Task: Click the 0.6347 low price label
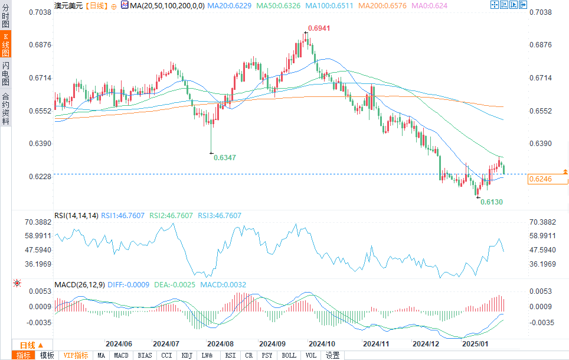pyautogui.click(x=225, y=158)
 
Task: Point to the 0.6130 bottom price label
pyautogui.click(x=491, y=202)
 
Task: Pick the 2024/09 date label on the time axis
pyautogui.click(x=272, y=343)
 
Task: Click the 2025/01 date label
pyautogui.click(x=475, y=343)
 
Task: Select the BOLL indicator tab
pyautogui.click(x=289, y=355)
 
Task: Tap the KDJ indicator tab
pyautogui.click(x=187, y=355)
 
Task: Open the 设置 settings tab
pyautogui.click(x=333, y=355)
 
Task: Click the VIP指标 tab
pyautogui.click(x=76, y=355)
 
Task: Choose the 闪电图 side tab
pyautogui.click(x=5, y=73)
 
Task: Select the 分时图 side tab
pyautogui.click(x=5, y=18)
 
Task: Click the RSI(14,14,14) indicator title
pyautogui.click(x=76, y=216)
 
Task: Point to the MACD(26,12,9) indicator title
pyautogui.click(x=80, y=284)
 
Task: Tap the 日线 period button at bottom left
pyautogui.click(x=27, y=345)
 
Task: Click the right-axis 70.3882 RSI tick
pyautogui.click(x=543, y=222)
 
